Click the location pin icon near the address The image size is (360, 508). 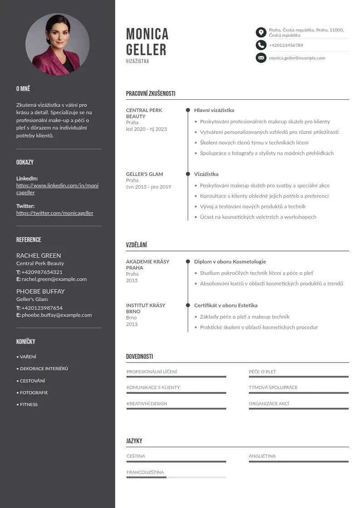click(x=261, y=32)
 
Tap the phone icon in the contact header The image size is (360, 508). click(x=261, y=45)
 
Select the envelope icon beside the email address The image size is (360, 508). click(x=261, y=58)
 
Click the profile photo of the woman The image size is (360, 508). click(x=58, y=44)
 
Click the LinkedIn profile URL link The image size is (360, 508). click(x=57, y=189)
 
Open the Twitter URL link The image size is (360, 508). click(x=55, y=213)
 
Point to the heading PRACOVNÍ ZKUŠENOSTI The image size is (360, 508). click(x=151, y=94)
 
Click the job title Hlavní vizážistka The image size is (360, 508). click(x=214, y=110)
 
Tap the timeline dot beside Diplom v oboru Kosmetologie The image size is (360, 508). click(x=188, y=262)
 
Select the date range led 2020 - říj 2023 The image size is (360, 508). click(x=146, y=129)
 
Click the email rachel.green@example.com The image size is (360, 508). click(x=54, y=279)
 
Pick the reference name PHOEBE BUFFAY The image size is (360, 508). click(x=40, y=291)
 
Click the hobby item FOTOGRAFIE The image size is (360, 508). click(x=34, y=393)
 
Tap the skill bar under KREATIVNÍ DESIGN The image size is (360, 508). click(x=176, y=409)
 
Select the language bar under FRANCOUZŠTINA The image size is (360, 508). click(x=176, y=477)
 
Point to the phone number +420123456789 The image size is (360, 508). click(x=286, y=45)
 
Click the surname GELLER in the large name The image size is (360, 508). click(x=146, y=49)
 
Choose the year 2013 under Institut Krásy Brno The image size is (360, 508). click(x=132, y=324)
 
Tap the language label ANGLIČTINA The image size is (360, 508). click(x=262, y=456)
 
